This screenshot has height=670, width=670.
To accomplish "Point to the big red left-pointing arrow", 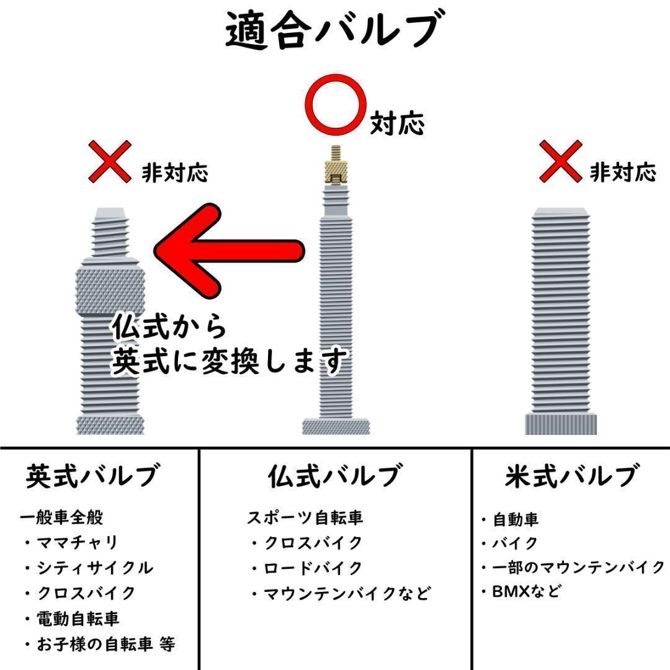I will (230, 251).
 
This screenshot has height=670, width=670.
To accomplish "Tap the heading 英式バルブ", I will (92, 476).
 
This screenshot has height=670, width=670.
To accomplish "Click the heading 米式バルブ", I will (571, 476).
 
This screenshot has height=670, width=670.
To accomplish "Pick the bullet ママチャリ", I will (78, 543).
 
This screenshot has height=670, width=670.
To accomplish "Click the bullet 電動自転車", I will (78, 619).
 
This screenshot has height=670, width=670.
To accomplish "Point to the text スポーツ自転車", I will (305, 517).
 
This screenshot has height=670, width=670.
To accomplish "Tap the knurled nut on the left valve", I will (110, 290).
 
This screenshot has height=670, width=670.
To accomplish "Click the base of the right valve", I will (561, 424).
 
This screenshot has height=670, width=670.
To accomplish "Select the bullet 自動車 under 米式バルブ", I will (516, 519).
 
